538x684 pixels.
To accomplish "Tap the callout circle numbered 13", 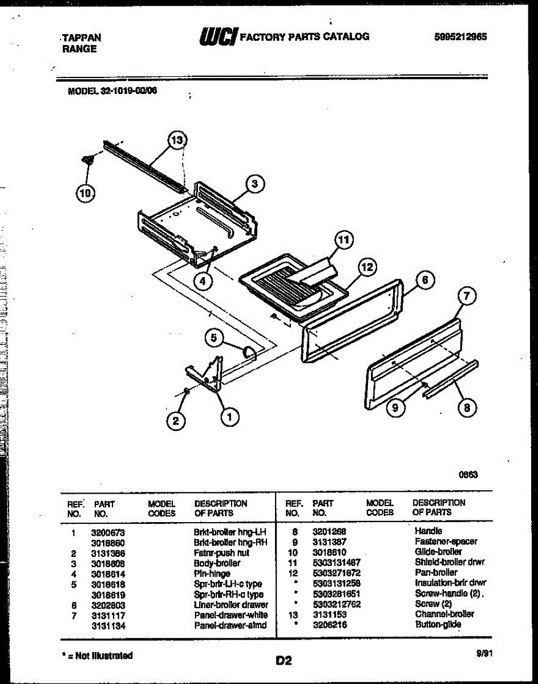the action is [178, 141].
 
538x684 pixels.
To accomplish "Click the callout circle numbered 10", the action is [86, 193].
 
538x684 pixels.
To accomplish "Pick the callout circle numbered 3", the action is [255, 184].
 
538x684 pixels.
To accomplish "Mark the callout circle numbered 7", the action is [467, 296].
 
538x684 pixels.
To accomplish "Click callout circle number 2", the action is [176, 421].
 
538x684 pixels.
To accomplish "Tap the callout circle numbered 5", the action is [214, 338].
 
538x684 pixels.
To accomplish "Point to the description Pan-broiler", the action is [436, 572].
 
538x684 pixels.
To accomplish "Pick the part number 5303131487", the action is [336, 562].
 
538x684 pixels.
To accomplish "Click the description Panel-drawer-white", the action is [230, 615].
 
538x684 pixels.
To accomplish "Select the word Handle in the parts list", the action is [428, 531].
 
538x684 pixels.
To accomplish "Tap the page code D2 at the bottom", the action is [284, 661].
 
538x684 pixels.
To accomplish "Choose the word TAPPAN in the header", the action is [82, 38].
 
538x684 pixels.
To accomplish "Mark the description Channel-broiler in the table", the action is [444, 614].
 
